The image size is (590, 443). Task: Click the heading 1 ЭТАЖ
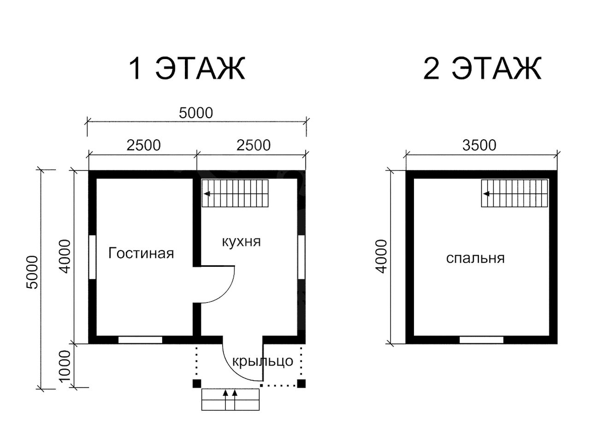187,68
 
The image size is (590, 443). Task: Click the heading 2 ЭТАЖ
482,68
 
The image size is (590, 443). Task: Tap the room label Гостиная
141,253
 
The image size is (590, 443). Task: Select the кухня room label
242,241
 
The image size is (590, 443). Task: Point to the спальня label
475,258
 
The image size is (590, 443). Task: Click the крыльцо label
263,361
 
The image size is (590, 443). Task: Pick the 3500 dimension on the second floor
479,145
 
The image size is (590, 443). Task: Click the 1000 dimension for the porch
65,366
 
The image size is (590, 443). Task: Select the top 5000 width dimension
196,113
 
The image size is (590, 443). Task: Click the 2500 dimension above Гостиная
143,145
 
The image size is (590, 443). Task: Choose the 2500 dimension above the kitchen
254,145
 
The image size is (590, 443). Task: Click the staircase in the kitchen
235,193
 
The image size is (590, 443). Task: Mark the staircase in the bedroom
514,193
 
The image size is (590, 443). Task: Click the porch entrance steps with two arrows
230,400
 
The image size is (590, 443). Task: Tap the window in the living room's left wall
92,257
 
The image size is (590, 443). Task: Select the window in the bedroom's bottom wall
481,340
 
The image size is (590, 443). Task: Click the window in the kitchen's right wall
301,257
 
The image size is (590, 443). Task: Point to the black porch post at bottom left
197,383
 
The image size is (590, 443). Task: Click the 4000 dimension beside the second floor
382,256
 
